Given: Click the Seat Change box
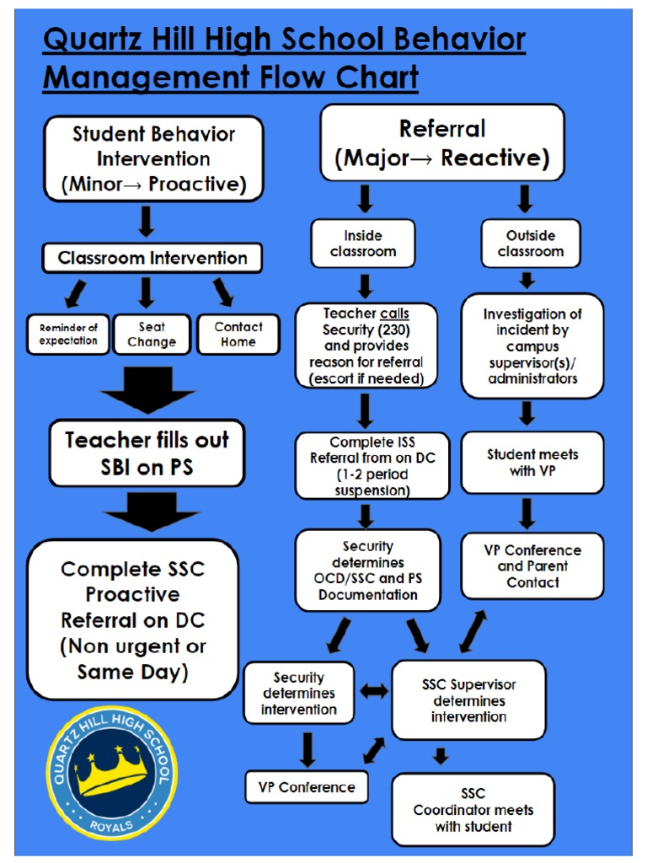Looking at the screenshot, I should tap(152, 335).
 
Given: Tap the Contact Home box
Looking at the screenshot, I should tap(238, 335).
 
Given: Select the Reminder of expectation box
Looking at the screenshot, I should tap(68, 335).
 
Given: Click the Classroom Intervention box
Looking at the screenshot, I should tap(152, 259).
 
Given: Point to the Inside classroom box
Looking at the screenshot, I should tap(363, 244).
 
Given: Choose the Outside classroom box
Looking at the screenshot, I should tap(531, 244).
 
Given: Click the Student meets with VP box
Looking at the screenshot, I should tap(532, 463).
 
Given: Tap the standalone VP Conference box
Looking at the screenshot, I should tap(306, 787).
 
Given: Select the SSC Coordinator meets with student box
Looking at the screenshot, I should tap(473, 810).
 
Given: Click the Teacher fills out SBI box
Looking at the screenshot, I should tap(147, 453).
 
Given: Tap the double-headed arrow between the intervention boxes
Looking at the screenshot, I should tap(375, 691).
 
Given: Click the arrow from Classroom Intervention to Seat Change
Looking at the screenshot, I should tap(147, 292).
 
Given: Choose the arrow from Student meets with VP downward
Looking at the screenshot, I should tap(527, 512).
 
